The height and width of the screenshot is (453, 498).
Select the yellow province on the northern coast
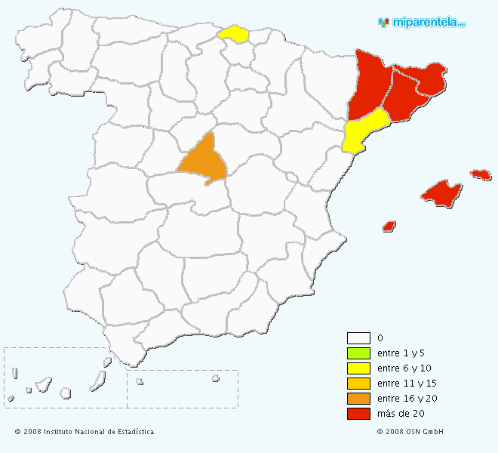pyautogui.click(x=233, y=34)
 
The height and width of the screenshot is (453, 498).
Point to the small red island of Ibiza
pyautogui.click(x=389, y=226)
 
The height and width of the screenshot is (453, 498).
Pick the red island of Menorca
pyautogui.click(x=481, y=174)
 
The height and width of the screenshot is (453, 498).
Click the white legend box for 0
pyautogui.click(x=358, y=338)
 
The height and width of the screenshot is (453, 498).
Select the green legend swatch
pyautogui.click(x=358, y=353)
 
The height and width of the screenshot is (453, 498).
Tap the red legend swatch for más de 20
pyautogui.click(x=358, y=414)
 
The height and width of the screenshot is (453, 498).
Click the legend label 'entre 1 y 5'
pyautogui.click(x=399, y=353)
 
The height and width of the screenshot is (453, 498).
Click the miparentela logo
pyautogui.click(x=422, y=23)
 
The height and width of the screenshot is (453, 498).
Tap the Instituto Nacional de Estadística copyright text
pyautogui.click(x=85, y=432)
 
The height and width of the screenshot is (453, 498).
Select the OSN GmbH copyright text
pyautogui.click(x=410, y=432)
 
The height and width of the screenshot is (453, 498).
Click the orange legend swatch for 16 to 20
pyautogui.click(x=358, y=399)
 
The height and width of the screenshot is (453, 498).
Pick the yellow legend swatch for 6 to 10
pyautogui.click(x=358, y=368)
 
